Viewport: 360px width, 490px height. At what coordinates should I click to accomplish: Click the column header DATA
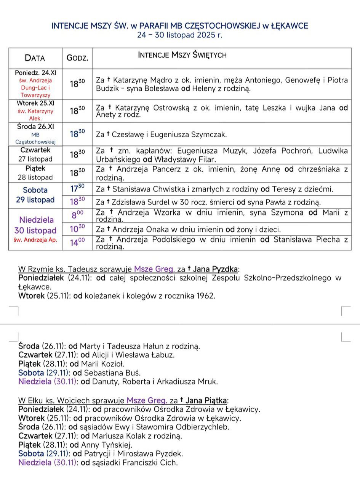pyautogui.click(x=35, y=58)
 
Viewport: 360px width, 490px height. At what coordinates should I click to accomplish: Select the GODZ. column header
pyautogui.click(x=77, y=58)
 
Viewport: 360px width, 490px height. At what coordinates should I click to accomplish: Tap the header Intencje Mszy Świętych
pyautogui.click(x=182, y=55)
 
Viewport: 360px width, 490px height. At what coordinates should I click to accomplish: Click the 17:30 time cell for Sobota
pyautogui.click(x=77, y=188)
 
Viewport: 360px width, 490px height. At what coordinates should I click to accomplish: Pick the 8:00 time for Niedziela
pyautogui.click(x=77, y=215)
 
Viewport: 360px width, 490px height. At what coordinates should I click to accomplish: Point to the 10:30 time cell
pyautogui.click(x=77, y=229)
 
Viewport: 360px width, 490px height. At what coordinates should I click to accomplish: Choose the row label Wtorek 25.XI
pyautogui.click(x=35, y=103)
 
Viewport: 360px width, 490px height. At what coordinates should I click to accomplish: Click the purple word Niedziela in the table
pyautogui.click(x=37, y=220)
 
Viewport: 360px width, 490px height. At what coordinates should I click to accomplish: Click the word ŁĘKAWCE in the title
pyautogui.click(x=290, y=26)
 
